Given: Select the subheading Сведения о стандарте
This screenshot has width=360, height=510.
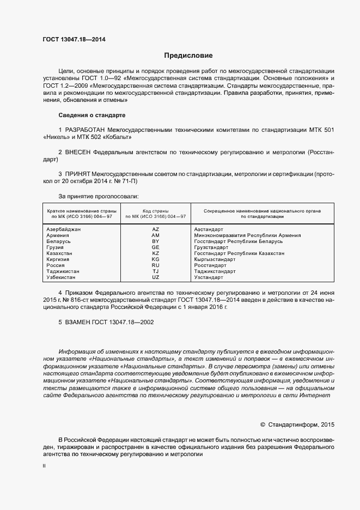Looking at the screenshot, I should click(x=91, y=115).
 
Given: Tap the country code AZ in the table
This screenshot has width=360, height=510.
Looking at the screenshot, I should click(x=155, y=229).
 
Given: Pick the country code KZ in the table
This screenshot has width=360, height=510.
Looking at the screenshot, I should click(x=155, y=253).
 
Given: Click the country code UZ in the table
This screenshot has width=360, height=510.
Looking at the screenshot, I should click(x=155, y=277).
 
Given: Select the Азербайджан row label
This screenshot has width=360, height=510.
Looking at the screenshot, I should click(x=64, y=229).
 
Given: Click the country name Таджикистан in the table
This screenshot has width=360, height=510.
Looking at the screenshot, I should click(x=64, y=271).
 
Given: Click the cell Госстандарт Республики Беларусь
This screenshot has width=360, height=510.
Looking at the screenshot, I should click(x=239, y=241).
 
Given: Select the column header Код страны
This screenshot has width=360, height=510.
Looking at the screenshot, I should click(x=155, y=210).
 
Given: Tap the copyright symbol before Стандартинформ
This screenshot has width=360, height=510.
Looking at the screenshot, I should click(x=263, y=423).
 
